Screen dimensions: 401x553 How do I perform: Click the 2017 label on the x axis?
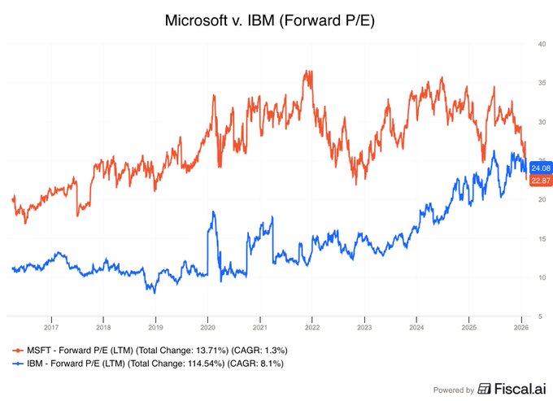[50, 328]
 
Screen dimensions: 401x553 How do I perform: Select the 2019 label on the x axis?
[155, 328]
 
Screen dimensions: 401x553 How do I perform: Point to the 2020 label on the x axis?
[207, 328]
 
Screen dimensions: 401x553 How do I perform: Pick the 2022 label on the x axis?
[311, 328]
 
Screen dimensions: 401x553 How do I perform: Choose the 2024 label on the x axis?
[416, 328]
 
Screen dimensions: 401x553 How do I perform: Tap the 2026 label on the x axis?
[520, 328]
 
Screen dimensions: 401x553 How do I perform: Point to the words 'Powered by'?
[453, 389]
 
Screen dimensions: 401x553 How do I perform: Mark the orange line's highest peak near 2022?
[307, 72]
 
